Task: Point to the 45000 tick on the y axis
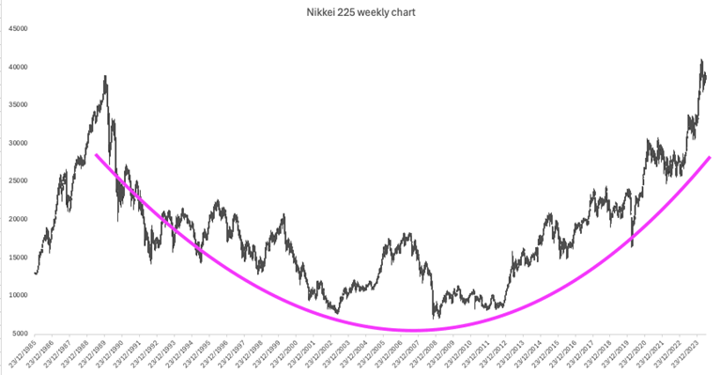17,28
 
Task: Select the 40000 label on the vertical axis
17,67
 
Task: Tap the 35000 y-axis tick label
17,104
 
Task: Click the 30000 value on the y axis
17,143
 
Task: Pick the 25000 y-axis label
17,180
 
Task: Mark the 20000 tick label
17,219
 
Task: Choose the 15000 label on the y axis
17,257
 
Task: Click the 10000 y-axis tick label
17,295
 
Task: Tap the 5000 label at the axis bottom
19,333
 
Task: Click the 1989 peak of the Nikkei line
105,76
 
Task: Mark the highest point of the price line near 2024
701,60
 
